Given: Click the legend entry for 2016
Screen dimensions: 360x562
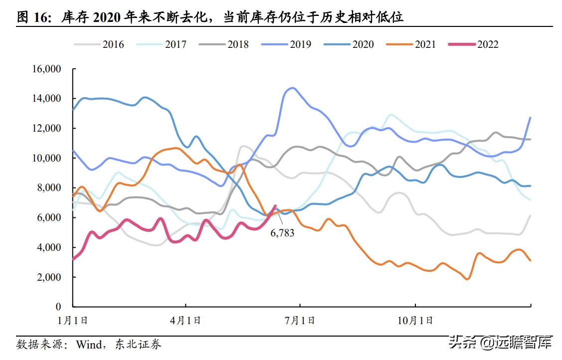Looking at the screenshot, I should click(x=99, y=44).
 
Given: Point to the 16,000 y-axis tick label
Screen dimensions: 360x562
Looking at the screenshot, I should click(x=46, y=69).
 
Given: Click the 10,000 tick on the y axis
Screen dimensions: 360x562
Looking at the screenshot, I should click(x=46, y=158).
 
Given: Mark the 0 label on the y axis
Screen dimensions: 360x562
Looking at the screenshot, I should click(x=58, y=307).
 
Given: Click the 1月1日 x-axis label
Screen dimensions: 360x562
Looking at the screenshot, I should click(x=73, y=320).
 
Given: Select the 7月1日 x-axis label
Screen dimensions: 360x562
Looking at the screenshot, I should click(x=300, y=320).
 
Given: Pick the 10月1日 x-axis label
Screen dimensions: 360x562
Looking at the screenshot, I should click(x=415, y=320).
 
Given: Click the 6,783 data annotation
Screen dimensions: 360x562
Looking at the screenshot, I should click(x=282, y=232).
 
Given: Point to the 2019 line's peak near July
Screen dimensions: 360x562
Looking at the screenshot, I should click(x=292, y=88).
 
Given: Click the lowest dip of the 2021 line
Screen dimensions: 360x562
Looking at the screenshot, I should click(x=467, y=279).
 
